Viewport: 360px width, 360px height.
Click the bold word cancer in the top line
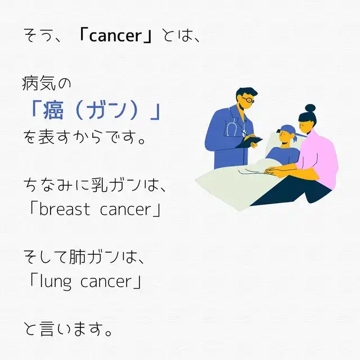pyautogui.click(x=115, y=36)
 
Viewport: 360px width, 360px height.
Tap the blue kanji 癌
pyautogui.click(x=53, y=110)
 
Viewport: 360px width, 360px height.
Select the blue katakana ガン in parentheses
pyautogui.click(x=106, y=110)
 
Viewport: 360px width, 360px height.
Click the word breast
pyautogui.click(x=65, y=209)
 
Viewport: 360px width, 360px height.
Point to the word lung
pyautogui.click(x=56, y=282)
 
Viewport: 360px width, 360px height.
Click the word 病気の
pyautogui.click(x=47, y=83)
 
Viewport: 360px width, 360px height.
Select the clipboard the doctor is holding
pyautogui.click(x=249, y=142)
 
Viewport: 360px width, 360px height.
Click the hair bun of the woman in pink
pyautogui.click(x=310, y=108)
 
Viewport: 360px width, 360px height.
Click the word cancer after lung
pyautogui.click(x=106, y=281)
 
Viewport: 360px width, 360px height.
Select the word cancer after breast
pyautogui.click(x=125, y=210)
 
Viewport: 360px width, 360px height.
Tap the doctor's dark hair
pyautogui.click(x=246, y=92)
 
